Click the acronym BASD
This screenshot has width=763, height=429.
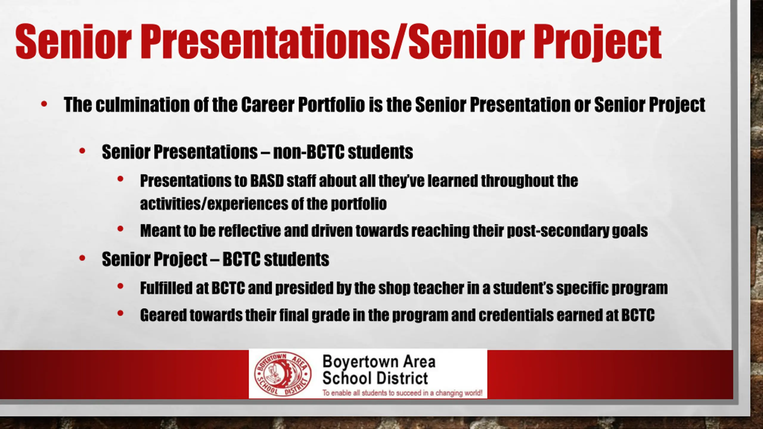267,181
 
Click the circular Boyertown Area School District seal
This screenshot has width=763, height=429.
283,374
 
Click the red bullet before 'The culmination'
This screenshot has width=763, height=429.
44,104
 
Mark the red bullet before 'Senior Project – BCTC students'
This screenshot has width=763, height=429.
82,258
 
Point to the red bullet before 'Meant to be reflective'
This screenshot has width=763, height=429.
120,229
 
